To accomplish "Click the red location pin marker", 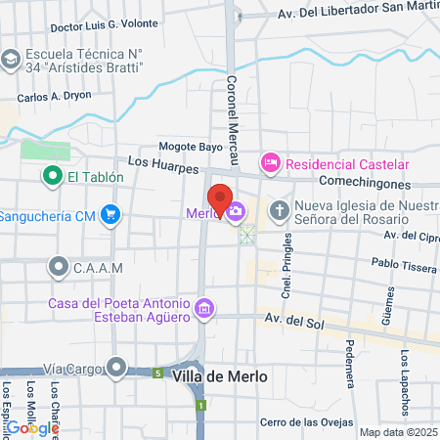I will coord(220,197).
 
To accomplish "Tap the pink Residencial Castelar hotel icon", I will coord(270,162).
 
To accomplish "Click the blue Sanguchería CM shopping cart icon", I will coord(111,214).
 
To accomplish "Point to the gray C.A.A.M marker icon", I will coord(58,265).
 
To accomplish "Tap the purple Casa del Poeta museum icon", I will coord(204,310).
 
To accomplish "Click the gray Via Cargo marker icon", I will coord(117,368).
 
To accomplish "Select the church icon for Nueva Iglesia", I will coord(280,210).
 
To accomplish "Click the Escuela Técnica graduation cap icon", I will coord(11,59).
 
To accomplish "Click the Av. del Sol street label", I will coord(294,320).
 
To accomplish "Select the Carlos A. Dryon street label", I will coord(54,98).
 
